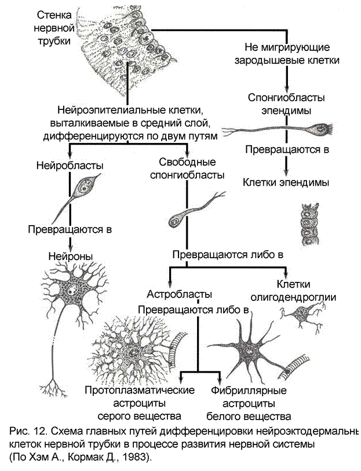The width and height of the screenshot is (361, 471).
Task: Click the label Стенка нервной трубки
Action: pos(56,27)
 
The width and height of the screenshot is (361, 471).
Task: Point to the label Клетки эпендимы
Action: pos(286,182)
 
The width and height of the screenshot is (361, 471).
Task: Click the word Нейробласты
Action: pos(70,165)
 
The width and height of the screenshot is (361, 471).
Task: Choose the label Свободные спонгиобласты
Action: pos(184,167)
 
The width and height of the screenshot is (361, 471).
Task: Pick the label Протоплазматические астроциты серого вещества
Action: pos(138,403)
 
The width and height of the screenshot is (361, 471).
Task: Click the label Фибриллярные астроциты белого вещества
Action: pos(249,403)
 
